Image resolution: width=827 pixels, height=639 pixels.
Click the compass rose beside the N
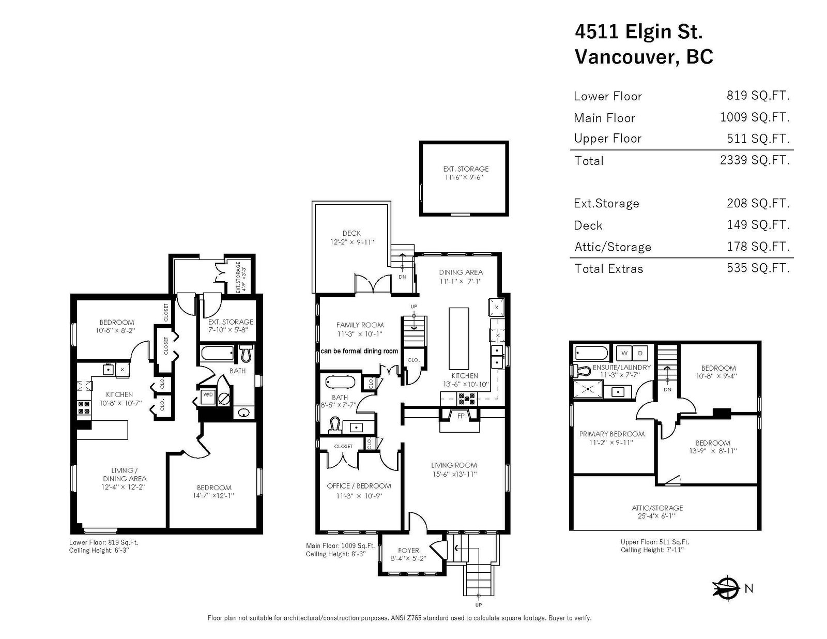click(x=726, y=588)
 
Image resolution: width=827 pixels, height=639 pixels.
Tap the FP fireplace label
click(x=461, y=416)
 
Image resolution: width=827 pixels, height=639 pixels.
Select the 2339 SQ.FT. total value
click(x=755, y=160)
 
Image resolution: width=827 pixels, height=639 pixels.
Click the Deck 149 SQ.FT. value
click(x=758, y=224)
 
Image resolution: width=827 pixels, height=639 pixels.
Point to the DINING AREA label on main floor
click(x=461, y=272)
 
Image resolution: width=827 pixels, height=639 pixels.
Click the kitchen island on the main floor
click(x=458, y=338)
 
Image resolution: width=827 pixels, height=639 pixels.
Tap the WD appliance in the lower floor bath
click(x=208, y=394)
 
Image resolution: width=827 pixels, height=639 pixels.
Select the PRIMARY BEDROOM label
click(x=611, y=434)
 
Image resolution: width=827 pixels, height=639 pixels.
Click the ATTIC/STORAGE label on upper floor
click(x=657, y=508)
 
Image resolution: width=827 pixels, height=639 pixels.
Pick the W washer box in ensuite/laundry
click(x=624, y=353)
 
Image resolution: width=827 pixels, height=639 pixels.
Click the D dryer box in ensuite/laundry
click(x=640, y=353)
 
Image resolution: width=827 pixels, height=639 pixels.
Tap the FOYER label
click(x=408, y=550)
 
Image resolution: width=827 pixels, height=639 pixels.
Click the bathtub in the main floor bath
click(x=340, y=382)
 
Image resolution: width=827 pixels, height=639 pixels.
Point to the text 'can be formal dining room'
click(x=359, y=351)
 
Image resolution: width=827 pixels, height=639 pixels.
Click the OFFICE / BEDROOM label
click(x=359, y=485)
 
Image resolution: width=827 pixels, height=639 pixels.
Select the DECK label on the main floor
click(x=351, y=233)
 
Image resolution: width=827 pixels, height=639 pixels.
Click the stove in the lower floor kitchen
click(x=84, y=407)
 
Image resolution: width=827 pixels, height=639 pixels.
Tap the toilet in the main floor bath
click(x=334, y=425)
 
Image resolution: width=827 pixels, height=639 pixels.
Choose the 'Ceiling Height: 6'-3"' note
click(x=99, y=550)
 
